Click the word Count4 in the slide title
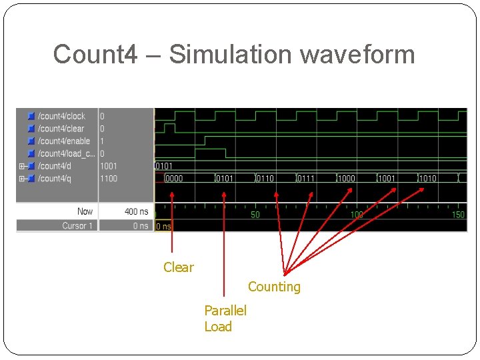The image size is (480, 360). coord(95,54)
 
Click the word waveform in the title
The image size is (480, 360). coord(358,54)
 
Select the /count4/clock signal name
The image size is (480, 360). coord(61,116)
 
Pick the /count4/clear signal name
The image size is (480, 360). coord(61,129)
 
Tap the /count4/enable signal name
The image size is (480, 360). coord(64,141)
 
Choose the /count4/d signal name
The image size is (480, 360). coord(54,166)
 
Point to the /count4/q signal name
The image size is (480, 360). coord(54,179)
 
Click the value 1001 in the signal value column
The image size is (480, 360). coord(109,166)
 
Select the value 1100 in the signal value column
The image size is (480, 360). coord(109,179)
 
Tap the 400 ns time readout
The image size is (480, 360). coord(136,211)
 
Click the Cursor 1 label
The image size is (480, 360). coord(77,226)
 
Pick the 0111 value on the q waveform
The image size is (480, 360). coord(305,179)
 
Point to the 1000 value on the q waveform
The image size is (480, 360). coord(346,179)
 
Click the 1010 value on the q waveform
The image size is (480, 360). coord(427,179)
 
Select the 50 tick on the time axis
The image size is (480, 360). coord(255,215)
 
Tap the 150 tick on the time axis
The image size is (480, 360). coord(458,215)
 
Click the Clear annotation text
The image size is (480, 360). coord(179,267)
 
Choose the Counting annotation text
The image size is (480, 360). coord(274,287)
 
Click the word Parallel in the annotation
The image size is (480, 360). coord(225,311)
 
